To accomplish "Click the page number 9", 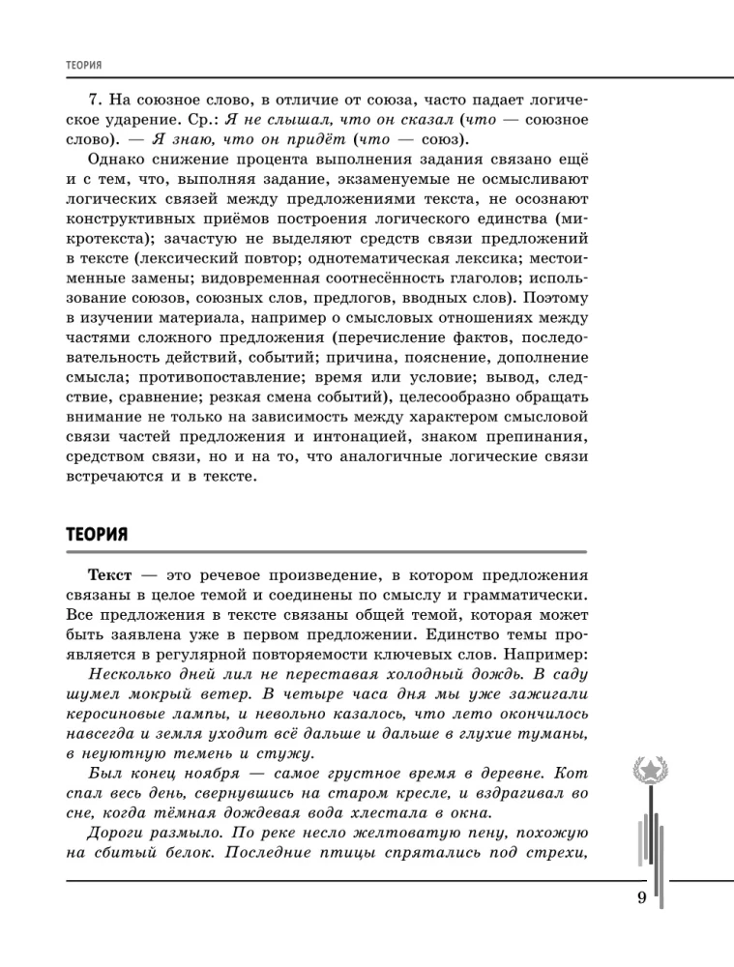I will tap(641, 898).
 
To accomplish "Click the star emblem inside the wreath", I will tap(648, 769).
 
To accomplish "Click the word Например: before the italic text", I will tap(545, 653).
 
